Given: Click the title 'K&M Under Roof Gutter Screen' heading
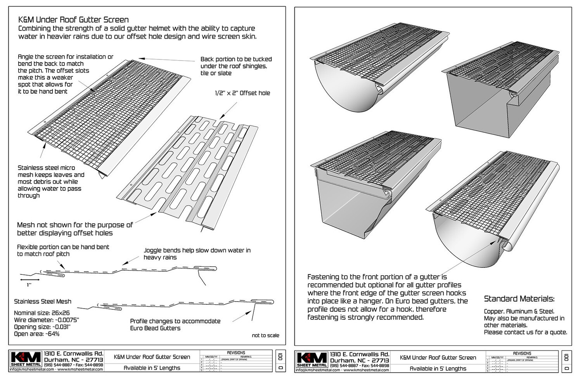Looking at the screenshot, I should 73,20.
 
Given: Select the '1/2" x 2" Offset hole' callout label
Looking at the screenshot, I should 242,93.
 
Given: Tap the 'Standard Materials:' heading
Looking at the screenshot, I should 519,299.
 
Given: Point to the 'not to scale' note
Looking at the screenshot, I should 265,335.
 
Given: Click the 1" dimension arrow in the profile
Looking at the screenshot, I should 29,279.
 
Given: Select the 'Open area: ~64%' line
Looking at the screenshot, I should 36,334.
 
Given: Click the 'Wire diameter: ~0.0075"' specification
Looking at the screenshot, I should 46,320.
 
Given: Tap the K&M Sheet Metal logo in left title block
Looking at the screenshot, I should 26,359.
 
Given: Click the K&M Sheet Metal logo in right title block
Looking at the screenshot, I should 312,360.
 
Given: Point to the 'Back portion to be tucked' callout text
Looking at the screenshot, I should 236,59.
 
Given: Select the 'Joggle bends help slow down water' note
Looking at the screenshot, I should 197,250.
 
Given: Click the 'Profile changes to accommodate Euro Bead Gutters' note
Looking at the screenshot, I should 175,324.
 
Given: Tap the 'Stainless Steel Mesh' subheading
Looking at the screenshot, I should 43,301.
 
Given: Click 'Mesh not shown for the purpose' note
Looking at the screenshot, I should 74,225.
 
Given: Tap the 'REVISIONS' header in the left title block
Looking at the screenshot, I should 236,353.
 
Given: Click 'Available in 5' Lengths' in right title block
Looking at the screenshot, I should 438,369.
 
